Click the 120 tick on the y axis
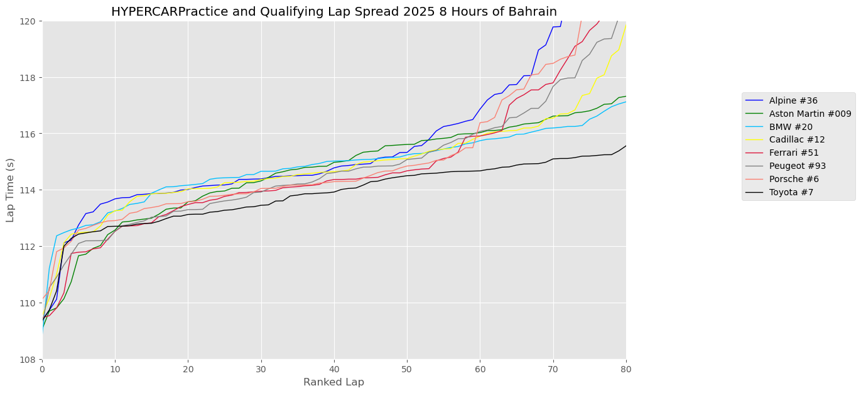[x=29, y=21]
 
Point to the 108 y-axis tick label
[x=29, y=359]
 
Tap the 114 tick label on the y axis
[x=29, y=190]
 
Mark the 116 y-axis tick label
[x=29, y=134]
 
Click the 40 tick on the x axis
[x=334, y=369]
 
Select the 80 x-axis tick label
[x=625, y=369]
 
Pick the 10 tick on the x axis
[x=116, y=369]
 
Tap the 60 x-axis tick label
[x=480, y=369]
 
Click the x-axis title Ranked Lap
[x=333, y=382]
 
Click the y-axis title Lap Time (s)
[x=11, y=190]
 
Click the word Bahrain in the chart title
[x=535, y=12]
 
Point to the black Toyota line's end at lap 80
[x=625, y=146]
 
